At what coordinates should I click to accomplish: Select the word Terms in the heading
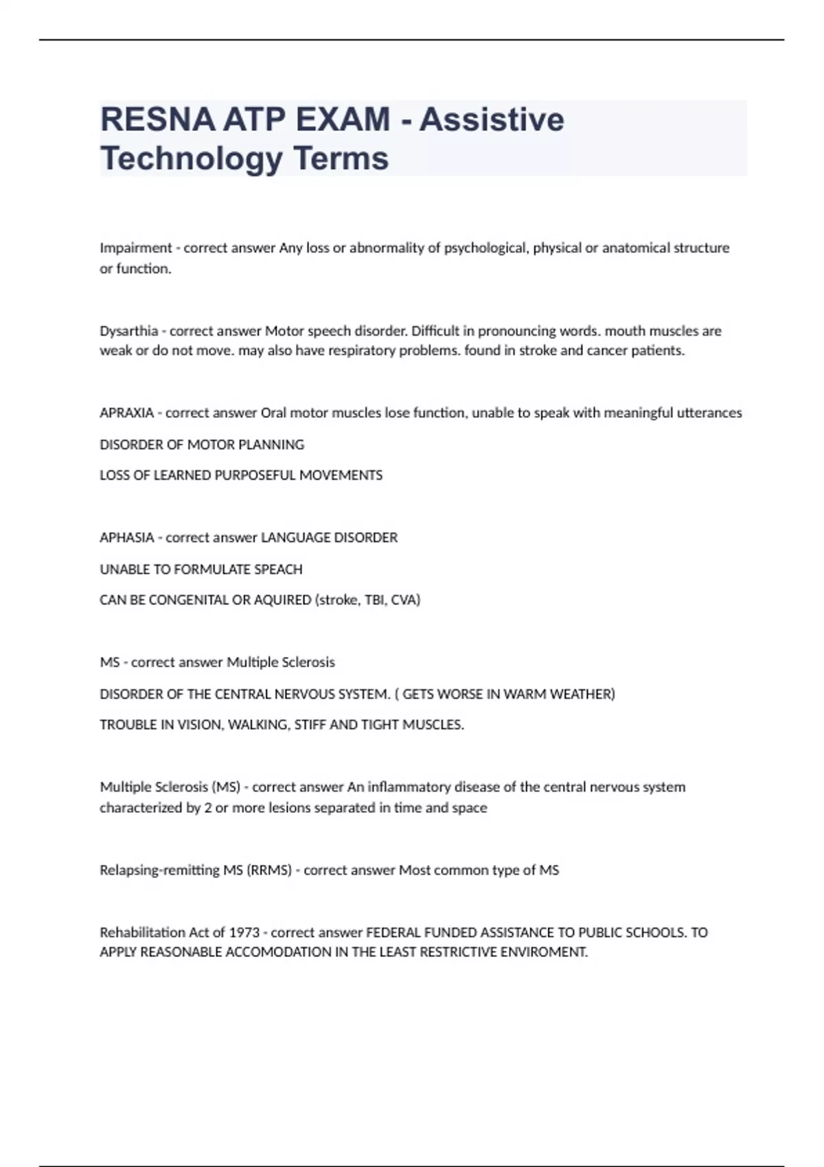[341, 159]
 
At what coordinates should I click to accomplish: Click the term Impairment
[135, 248]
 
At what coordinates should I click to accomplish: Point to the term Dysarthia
[128, 331]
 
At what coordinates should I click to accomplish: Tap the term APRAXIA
[126, 413]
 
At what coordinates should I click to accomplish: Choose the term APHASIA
[126, 538]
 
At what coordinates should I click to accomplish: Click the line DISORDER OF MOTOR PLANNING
[202, 445]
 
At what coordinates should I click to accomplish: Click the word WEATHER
[584, 694]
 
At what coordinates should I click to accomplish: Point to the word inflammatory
[409, 787]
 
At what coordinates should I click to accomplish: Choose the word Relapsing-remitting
[159, 870]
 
